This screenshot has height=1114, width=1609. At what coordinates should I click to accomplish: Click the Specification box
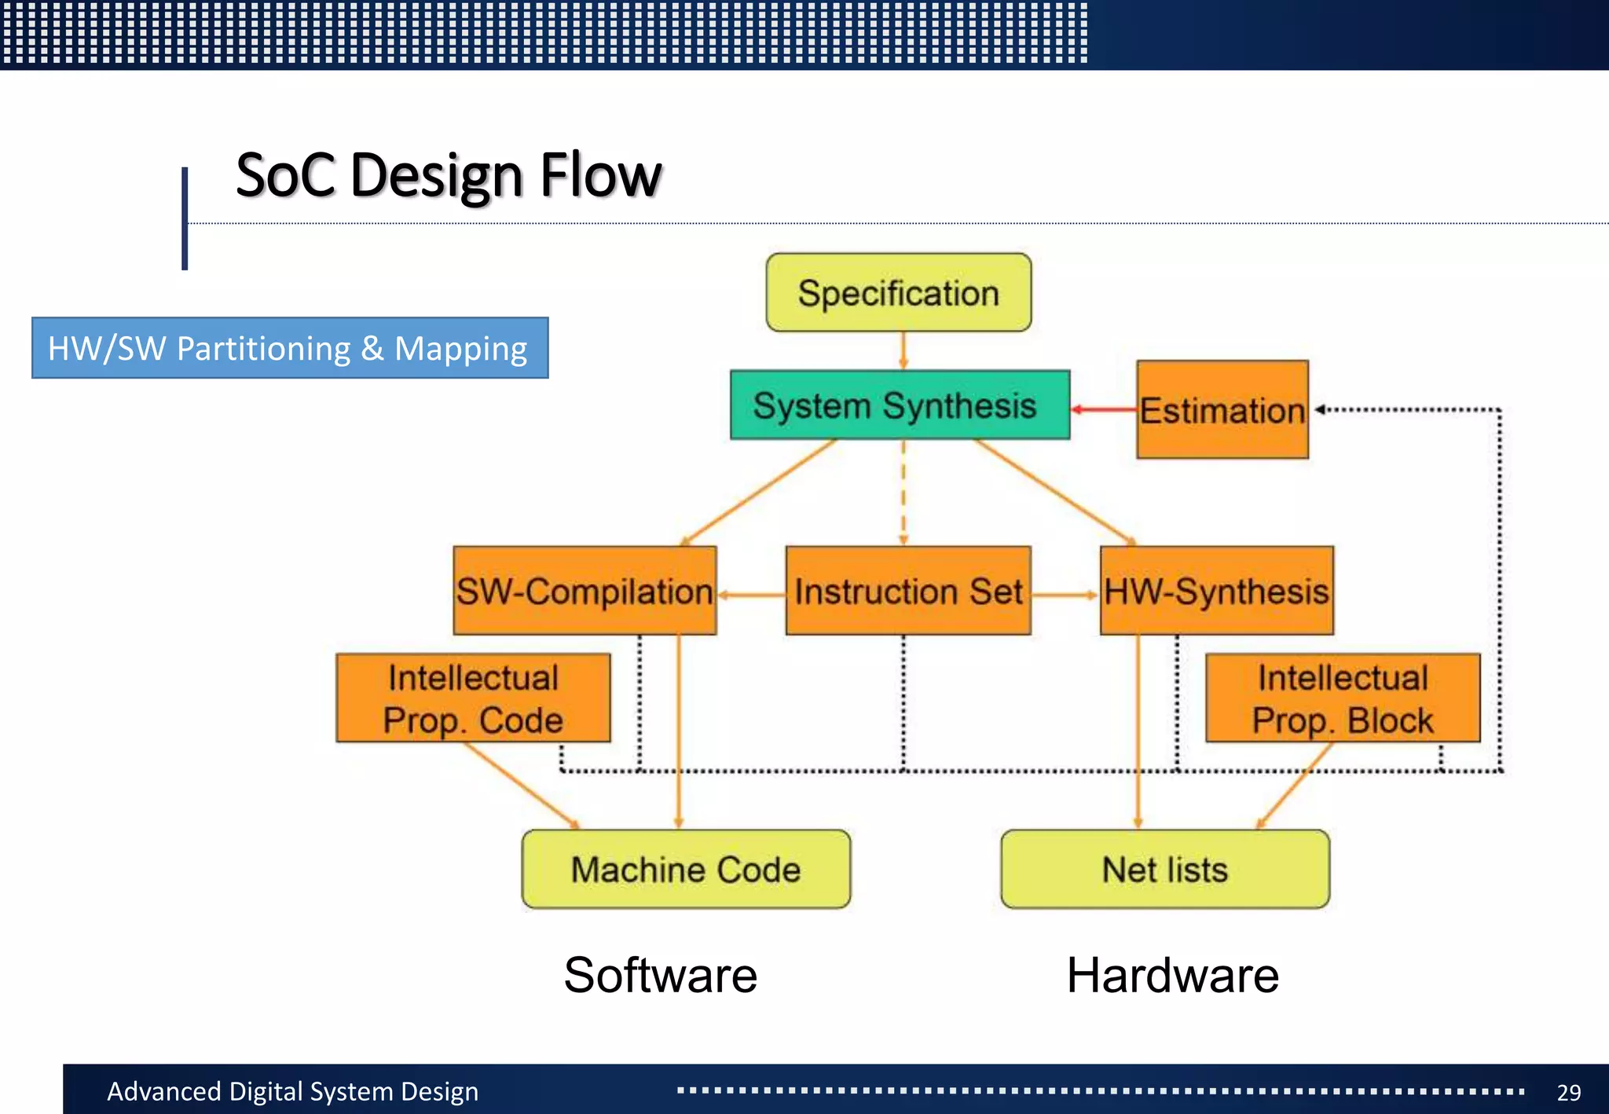898,293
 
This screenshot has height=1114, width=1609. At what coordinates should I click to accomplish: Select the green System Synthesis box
900,405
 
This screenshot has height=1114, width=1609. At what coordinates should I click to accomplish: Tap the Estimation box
1222,410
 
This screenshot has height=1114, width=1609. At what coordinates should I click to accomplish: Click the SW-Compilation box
585,591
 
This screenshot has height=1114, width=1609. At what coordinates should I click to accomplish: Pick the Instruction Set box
907,591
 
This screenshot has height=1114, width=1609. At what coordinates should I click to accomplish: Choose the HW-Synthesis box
1216,591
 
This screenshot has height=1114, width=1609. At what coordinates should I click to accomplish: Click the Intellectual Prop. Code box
473,698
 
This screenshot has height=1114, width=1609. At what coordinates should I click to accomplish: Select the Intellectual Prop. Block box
1343,698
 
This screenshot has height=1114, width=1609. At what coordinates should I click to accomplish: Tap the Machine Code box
686,870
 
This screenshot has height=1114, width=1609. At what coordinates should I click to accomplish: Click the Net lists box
1165,870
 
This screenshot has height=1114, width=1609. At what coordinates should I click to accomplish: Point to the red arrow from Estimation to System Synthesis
1104,409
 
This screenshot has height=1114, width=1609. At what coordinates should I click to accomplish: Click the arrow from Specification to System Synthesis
903,350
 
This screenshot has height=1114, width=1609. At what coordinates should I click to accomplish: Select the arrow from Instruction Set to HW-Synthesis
1065,595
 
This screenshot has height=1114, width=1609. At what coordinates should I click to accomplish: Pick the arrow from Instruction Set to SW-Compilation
752,595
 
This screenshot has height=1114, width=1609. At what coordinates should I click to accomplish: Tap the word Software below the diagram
660,975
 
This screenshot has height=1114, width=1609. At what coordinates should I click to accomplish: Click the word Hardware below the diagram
1172,975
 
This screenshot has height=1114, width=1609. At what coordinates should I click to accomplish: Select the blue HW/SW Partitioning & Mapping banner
290,348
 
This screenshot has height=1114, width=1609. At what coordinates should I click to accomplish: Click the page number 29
1568,1092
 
